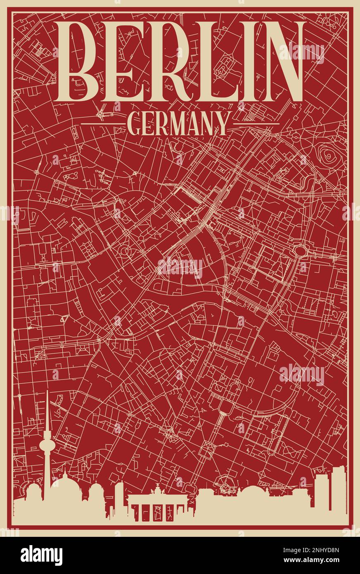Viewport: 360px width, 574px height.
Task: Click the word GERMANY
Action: (178, 123)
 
